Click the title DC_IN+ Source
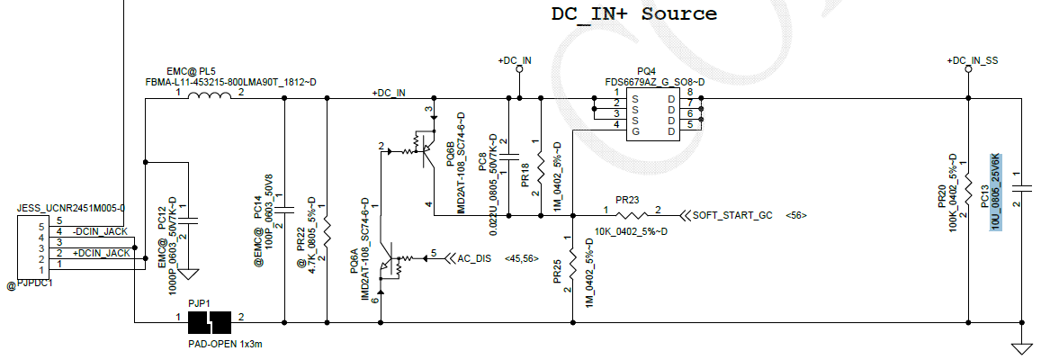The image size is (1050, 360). pos(634,14)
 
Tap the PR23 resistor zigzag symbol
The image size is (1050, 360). pos(633,215)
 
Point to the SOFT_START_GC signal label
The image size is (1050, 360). pos(732,215)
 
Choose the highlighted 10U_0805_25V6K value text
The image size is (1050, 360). pos(996,192)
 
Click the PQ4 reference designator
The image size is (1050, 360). pos(646,71)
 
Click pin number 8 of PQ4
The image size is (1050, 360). pos(690,93)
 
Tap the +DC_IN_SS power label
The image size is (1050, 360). pos(973,60)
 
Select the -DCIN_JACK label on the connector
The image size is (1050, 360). pos(100,231)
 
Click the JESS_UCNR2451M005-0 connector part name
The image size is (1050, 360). pos(70,208)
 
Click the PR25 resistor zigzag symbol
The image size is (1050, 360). pos(572,260)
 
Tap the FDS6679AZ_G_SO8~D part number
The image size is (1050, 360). pos(654,82)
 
